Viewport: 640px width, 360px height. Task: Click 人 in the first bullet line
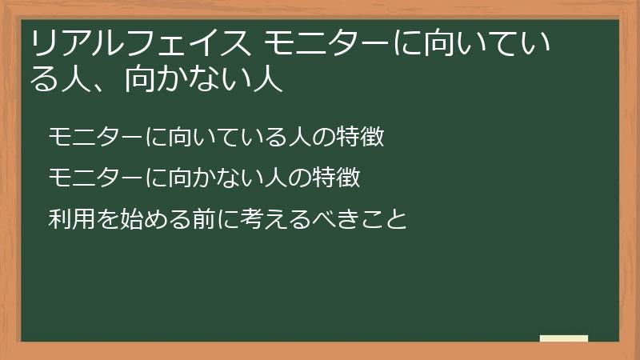298,138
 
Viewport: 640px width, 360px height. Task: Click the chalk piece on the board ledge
563,338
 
